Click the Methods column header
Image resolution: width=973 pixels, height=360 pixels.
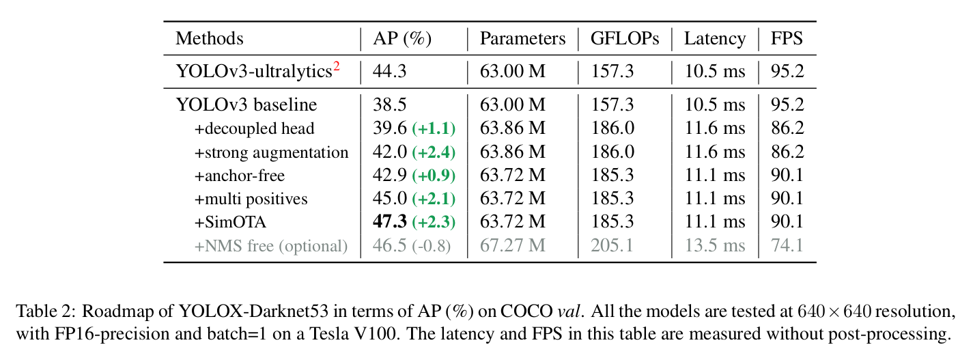pyautogui.click(x=209, y=39)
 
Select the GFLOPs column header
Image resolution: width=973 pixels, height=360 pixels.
pyautogui.click(x=625, y=39)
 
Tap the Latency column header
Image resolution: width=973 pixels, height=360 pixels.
pyautogui.click(x=714, y=39)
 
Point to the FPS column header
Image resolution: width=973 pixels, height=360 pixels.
pyautogui.click(x=787, y=39)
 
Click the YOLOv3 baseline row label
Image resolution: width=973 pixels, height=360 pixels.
pyautogui.click(x=246, y=105)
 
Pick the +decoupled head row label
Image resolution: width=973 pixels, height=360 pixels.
pyautogui.click(x=255, y=128)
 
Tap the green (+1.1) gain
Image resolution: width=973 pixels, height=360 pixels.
pyautogui.click(x=433, y=129)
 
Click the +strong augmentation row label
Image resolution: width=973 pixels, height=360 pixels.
pyautogui.click(x=271, y=152)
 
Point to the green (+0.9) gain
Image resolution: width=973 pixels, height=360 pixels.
pyautogui.click(x=433, y=176)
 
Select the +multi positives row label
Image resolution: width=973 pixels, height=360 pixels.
pyautogui.click(x=251, y=199)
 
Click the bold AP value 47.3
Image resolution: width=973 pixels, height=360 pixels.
pyautogui.click(x=390, y=223)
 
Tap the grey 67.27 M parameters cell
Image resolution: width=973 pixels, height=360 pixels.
pyautogui.click(x=512, y=246)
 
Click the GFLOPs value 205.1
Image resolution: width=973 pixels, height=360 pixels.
pyautogui.click(x=612, y=246)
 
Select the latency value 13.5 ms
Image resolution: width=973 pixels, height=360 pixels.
pyautogui.click(x=714, y=246)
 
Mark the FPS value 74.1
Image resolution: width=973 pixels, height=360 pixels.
pyautogui.click(x=787, y=246)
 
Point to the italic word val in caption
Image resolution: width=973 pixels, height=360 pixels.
pyautogui.click(x=567, y=312)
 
